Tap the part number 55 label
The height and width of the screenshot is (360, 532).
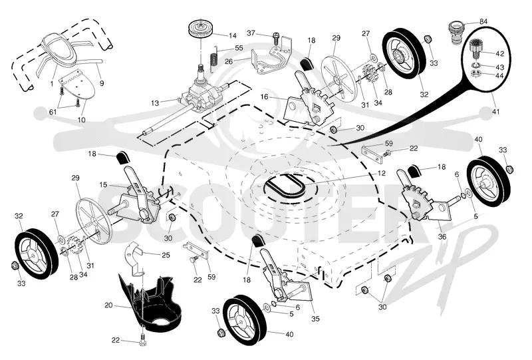tap(239, 48)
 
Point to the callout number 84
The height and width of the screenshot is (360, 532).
tap(483, 21)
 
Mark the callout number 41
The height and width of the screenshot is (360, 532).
tap(495, 111)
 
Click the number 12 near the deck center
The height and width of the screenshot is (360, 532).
tap(381, 173)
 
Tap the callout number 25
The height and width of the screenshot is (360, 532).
tap(166, 255)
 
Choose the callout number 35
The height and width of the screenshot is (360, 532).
tap(315, 319)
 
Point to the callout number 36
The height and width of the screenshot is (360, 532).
tap(442, 237)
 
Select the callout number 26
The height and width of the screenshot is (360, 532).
tap(229, 61)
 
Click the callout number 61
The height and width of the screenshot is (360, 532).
tap(53, 111)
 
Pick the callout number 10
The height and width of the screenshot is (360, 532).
tap(81, 120)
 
